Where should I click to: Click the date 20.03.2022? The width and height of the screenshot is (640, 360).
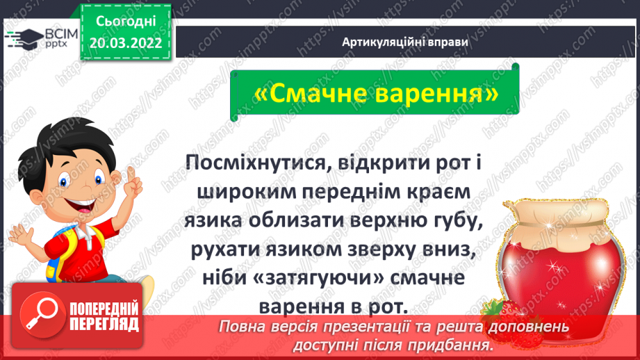(x=126, y=43)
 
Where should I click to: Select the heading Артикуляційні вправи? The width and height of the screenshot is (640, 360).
(x=405, y=42)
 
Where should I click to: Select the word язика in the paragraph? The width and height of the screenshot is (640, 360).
(x=212, y=221)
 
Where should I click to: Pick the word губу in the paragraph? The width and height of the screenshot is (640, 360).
(x=454, y=221)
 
